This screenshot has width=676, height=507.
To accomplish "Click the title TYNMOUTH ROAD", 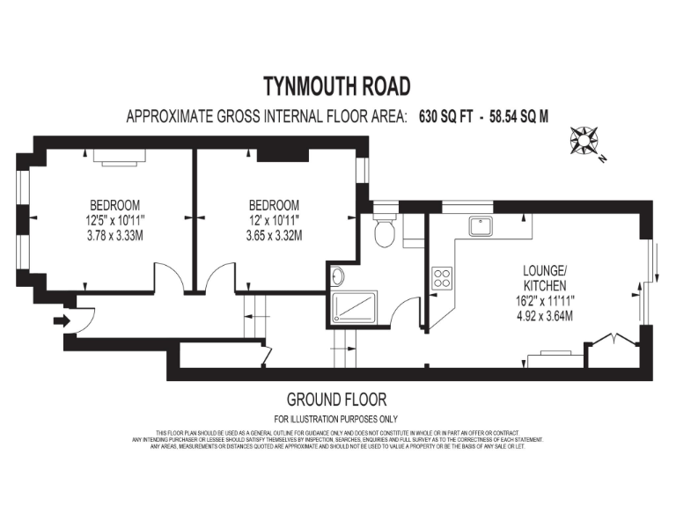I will (x=337, y=86).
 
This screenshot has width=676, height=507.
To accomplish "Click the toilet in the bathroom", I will (x=385, y=231).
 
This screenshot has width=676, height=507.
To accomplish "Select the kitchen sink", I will (x=481, y=226).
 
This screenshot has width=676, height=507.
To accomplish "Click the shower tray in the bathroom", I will (x=355, y=307).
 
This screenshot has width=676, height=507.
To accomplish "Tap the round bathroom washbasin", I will (x=339, y=277).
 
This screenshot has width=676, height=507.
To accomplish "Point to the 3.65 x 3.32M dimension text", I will (x=275, y=235).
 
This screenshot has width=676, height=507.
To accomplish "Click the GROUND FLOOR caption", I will (x=337, y=400).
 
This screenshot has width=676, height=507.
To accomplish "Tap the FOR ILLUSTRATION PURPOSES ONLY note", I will (x=337, y=419).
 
